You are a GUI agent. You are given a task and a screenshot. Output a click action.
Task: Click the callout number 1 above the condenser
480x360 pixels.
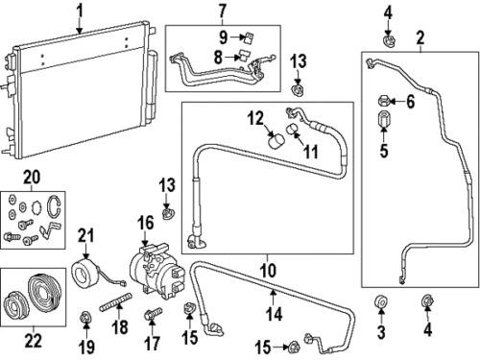point(80,11)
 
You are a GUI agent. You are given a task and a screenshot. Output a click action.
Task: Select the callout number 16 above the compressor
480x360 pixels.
point(146,223)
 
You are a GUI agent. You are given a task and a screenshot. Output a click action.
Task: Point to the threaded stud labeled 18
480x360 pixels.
point(115,302)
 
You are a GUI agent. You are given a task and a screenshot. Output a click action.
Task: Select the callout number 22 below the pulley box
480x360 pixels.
point(34,341)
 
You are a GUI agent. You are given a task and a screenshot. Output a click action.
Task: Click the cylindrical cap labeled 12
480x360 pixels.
point(276,141)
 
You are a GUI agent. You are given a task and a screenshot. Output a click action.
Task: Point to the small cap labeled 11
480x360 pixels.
point(293,129)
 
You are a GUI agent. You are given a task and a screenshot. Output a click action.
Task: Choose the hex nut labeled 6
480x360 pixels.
point(383,101)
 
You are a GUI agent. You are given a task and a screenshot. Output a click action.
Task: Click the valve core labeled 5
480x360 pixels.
point(383,119)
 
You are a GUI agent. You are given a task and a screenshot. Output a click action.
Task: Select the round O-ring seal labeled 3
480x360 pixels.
point(381,301)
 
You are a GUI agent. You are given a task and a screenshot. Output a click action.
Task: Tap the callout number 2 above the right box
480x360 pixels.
point(420,37)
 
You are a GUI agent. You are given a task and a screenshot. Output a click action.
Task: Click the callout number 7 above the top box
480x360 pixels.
point(223,11)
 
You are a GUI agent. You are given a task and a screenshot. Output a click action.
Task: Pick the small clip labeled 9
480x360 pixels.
point(248,37)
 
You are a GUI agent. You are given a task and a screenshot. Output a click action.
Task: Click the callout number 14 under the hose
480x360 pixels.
point(275,313)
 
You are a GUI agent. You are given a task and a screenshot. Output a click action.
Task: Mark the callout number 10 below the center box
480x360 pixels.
point(268,271)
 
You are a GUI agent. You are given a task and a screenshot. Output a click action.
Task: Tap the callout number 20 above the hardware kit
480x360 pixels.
point(32,177)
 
